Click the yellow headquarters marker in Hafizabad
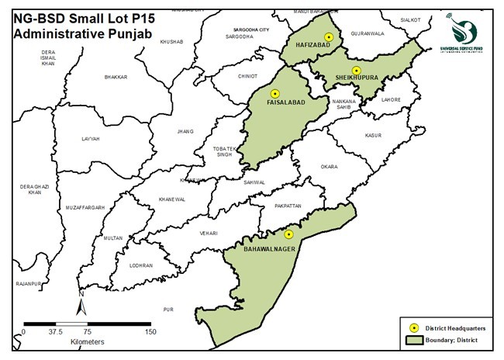pyautogui.click(x=329, y=37)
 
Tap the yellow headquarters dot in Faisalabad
pyautogui.click(x=274, y=93)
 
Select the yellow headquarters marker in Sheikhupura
pyautogui.click(x=356, y=71)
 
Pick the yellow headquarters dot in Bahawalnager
pyautogui.click(x=288, y=234)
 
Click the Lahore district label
pyautogui.click(x=392, y=99)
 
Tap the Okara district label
pyautogui.click(x=329, y=166)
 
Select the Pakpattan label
pyautogui.click(x=287, y=206)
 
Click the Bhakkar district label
pyautogui.click(x=115, y=78)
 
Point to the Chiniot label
pyautogui.click(x=247, y=77)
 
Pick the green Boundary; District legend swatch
pyautogui.click(x=414, y=339)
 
